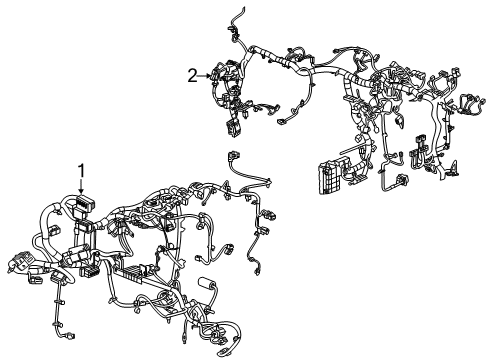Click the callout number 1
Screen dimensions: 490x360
pyautogui.click(x=81, y=171)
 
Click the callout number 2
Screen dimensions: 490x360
pyautogui.click(x=192, y=76)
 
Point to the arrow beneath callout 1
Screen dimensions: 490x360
pyautogui.click(x=81, y=186)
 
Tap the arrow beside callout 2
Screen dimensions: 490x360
pyautogui.click(x=204, y=76)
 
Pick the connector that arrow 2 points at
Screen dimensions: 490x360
pyautogui.click(x=215, y=75)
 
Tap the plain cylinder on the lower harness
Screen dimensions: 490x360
pyautogui.click(x=207, y=283)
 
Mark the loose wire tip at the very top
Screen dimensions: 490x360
pyautogui.click(x=244, y=7)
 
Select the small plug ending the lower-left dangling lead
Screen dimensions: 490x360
pyautogui.click(x=70, y=336)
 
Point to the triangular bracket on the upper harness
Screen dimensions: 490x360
pyautogui.click(x=455, y=168)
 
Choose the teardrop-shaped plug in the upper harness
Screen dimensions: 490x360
pyautogui.click(x=399, y=121)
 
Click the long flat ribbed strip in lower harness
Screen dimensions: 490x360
pyautogui.click(x=133, y=269)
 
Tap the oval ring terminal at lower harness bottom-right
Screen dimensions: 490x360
pyautogui.click(x=222, y=351)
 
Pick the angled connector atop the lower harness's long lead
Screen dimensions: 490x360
pyautogui.click(x=233, y=156)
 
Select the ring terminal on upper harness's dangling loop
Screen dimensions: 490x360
pyautogui.click(x=281, y=123)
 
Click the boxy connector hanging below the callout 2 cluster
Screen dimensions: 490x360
pyautogui.click(x=232, y=127)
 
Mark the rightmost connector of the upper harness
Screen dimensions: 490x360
pyautogui.click(x=471, y=103)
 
